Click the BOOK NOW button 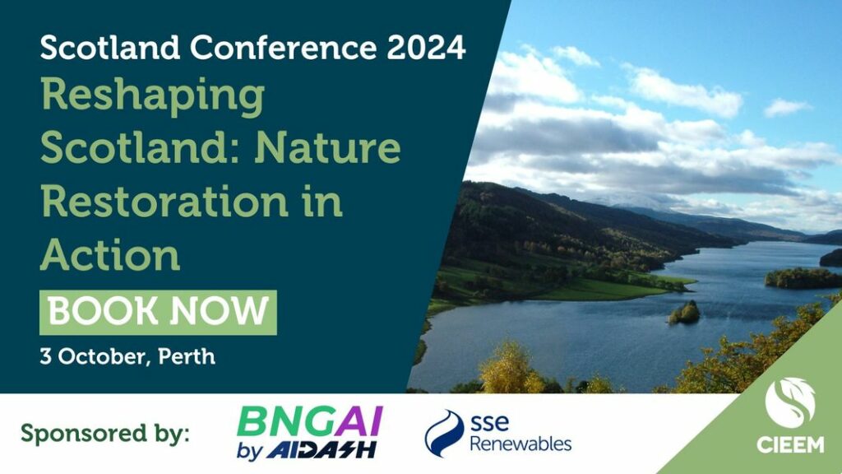click(x=158, y=312)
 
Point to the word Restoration click(x=164, y=201)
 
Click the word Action click(x=110, y=254)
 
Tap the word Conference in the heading click(x=284, y=47)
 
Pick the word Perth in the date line click(x=187, y=356)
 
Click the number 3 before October click(x=46, y=357)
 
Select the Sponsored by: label click(x=105, y=433)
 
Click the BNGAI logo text click(x=310, y=422)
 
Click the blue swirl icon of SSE click(x=443, y=433)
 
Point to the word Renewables click(x=520, y=444)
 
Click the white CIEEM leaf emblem click(x=790, y=402)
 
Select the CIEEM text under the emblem click(x=790, y=444)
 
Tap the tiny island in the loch click(x=684, y=313)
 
